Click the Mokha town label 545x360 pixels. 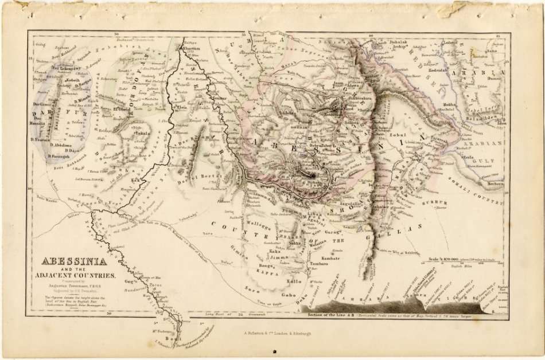450,105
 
